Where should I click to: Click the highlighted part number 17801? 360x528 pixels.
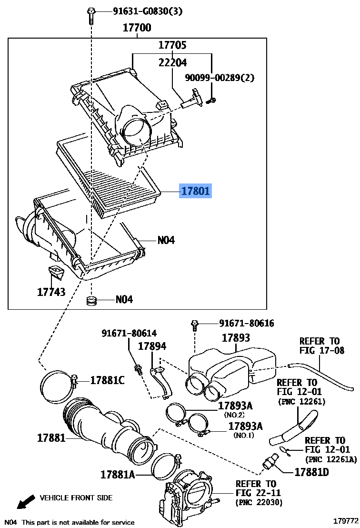(196, 191)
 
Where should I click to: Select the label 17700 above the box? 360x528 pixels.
(137, 27)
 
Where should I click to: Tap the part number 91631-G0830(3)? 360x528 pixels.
(148, 11)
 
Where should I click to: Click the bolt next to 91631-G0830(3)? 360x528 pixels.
(91, 16)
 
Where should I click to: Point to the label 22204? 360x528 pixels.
(172, 62)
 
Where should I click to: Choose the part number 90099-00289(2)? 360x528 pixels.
(220, 78)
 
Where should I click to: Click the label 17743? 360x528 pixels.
(51, 292)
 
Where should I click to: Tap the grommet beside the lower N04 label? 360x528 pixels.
(91, 300)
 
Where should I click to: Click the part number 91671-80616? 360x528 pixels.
(247, 323)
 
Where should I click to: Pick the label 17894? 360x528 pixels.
(152, 346)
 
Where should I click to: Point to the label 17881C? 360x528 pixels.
(107, 380)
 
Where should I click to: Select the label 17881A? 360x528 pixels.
(118, 475)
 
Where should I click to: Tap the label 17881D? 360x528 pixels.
(311, 472)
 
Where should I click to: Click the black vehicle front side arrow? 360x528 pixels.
(26, 501)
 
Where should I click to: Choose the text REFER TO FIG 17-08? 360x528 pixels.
(322, 346)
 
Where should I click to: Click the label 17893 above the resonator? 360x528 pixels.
(236, 338)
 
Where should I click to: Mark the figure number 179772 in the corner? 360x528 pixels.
(346, 520)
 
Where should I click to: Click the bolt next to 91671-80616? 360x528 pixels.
(194, 326)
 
